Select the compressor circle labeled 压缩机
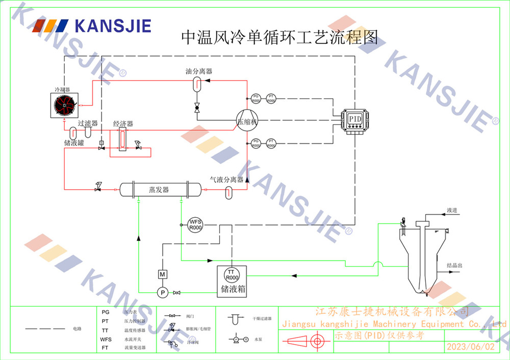pos(247,121)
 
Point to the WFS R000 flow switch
pos(196,224)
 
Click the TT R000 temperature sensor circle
pos(232,275)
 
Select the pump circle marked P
pos(162,292)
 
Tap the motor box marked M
pos(162,274)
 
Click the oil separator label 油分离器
pos(198,71)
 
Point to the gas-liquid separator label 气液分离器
pos(227,179)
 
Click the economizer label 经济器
pos(123,124)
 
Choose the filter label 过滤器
pos(88,123)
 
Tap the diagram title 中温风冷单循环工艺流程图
pos(280,37)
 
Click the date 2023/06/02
pos(470,347)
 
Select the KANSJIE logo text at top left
pos(112,25)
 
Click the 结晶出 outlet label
pos(454,266)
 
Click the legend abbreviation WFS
pos(106,339)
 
